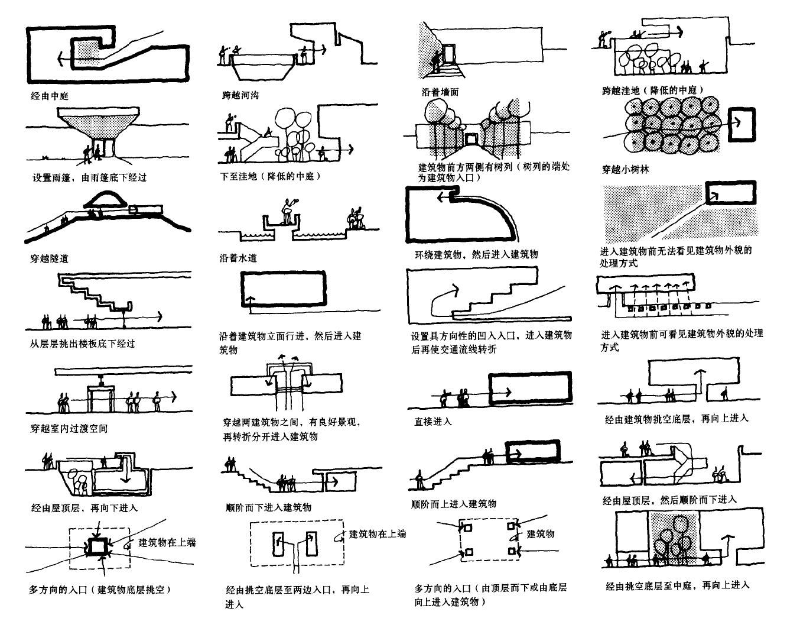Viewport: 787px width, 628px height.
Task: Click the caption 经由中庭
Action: point(50,95)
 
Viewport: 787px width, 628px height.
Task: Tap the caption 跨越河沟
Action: point(240,95)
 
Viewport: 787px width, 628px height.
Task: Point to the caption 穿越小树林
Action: point(625,170)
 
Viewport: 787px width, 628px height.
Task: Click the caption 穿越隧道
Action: point(50,258)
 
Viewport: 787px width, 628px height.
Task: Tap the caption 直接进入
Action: point(432,422)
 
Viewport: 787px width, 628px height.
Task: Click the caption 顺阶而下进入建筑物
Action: point(268,507)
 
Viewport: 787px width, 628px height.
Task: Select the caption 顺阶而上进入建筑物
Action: point(453,504)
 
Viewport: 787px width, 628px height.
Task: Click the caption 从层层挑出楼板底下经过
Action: point(82,343)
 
